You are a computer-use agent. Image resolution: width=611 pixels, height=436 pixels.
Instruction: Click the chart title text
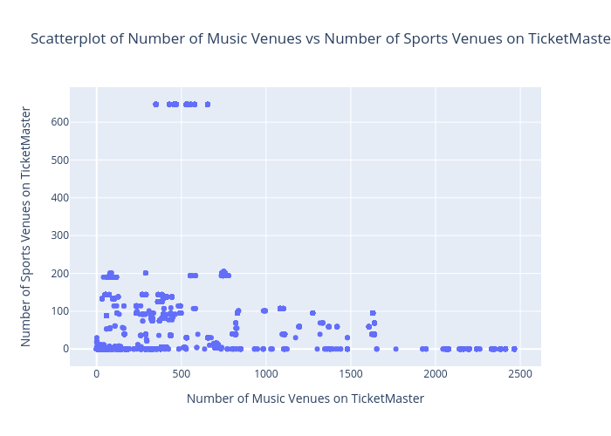pyautogui.click(x=319, y=38)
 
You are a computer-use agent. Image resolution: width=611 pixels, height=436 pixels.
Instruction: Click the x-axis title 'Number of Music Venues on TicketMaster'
pyautogui.click(x=305, y=399)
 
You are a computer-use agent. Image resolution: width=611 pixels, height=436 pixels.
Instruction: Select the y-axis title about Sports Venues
pyautogui.click(x=27, y=227)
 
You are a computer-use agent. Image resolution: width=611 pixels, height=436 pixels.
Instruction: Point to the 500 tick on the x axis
pyautogui.click(x=182, y=374)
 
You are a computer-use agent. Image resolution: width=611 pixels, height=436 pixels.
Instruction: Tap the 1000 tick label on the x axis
pyautogui.click(x=266, y=374)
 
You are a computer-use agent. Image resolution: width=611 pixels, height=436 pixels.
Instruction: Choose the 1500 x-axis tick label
pyautogui.click(x=351, y=374)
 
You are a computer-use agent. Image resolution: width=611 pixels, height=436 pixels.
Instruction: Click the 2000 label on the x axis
pyautogui.click(x=436, y=374)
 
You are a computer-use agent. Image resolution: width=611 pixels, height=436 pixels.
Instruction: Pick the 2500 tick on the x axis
pyautogui.click(x=520, y=374)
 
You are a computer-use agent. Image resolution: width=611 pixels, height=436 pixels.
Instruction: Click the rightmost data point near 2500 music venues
pyautogui.click(x=514, y=349)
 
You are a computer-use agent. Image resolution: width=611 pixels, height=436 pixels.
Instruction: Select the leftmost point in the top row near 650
pyautogui.click(x=155, y=105)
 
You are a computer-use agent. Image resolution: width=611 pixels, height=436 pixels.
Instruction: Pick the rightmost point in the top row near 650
pyautogui.click(x=207, y=105)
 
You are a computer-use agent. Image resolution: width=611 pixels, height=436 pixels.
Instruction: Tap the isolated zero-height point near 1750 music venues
pyautogui.click(x=395, y=349)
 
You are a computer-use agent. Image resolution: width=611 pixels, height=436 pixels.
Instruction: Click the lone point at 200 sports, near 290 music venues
pyautogui.click(x=146, y=273)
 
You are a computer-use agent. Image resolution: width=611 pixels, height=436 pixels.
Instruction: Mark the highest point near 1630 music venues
pyautogui.click(x=373, y=313)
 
